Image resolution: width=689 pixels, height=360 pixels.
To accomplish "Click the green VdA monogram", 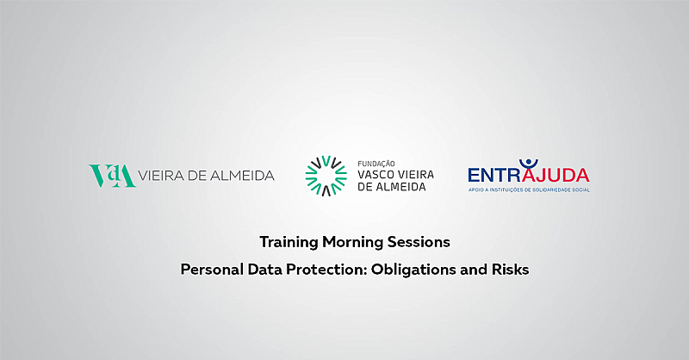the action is coord(112,176).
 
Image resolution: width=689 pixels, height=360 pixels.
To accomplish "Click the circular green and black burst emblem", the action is coord(326,176).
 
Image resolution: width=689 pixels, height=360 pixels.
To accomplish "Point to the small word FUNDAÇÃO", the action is coord(376,164).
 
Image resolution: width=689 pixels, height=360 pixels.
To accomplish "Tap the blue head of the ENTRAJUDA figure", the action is coord(529,162).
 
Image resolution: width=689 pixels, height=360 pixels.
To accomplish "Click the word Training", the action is coord(289,242).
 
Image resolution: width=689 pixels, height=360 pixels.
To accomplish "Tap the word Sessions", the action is coord(419,242).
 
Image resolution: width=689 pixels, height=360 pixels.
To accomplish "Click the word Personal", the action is coord(212,270).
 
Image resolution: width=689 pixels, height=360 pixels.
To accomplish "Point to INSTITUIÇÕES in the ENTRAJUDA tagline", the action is coord(506,189).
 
